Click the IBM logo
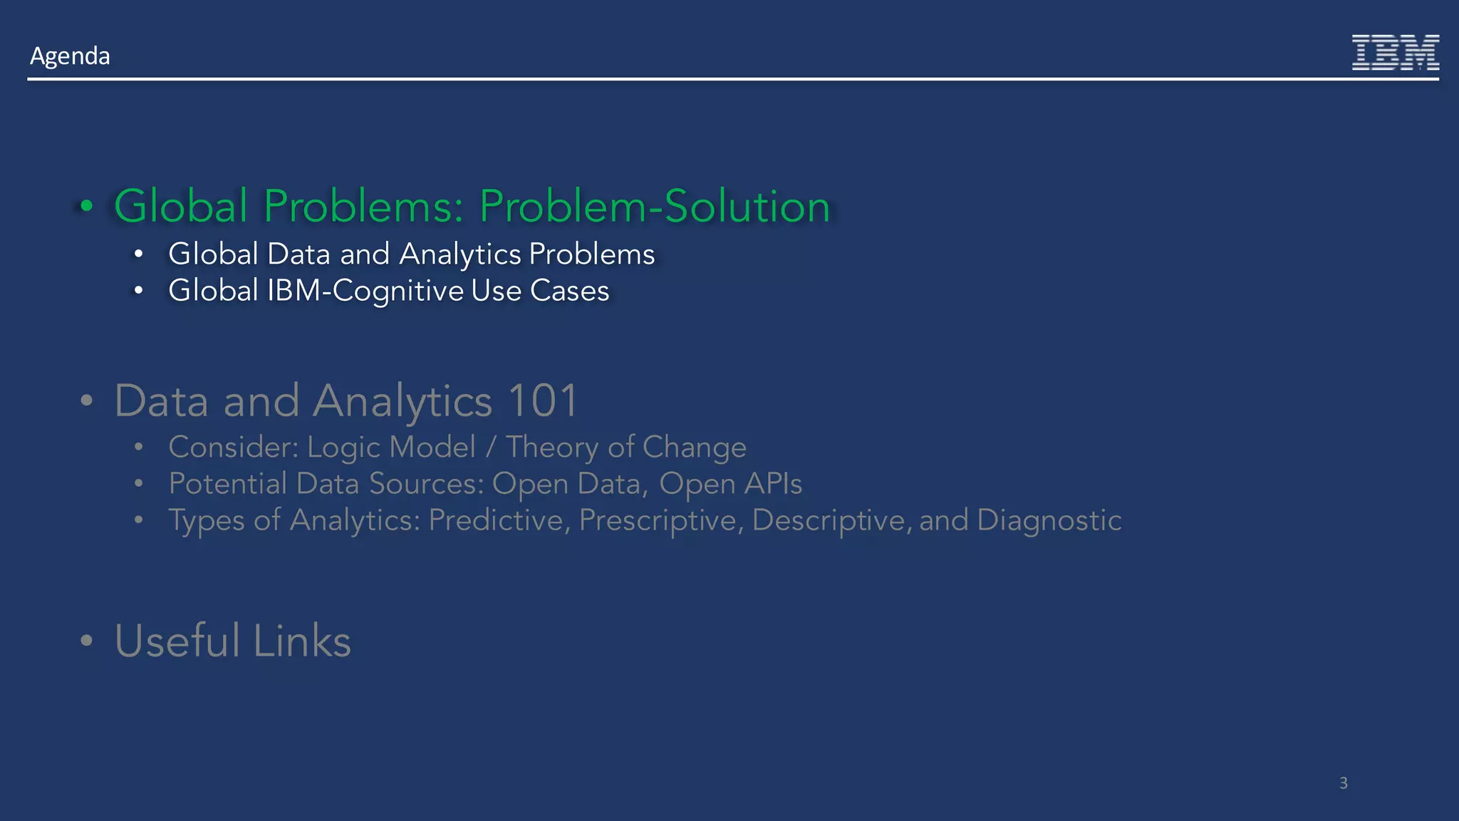(x=1395, y=53)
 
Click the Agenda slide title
(x=70, y=56)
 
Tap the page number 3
(x=1344, y=783)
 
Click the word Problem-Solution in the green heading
(x=654, y=207)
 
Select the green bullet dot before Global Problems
(x=87, y=207)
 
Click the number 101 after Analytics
(x=543, y=401)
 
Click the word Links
(x=302, y=640)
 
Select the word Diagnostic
(x=1049, y=520)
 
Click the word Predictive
(x=499, y=520)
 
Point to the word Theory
(x=552, y=448)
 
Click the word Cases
(x=569, y=291)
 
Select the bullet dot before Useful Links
(x=87, y=640)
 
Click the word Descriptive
(x=831, y=520)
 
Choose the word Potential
(x=227, y=484)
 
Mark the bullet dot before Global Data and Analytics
(x=139, y=254)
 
